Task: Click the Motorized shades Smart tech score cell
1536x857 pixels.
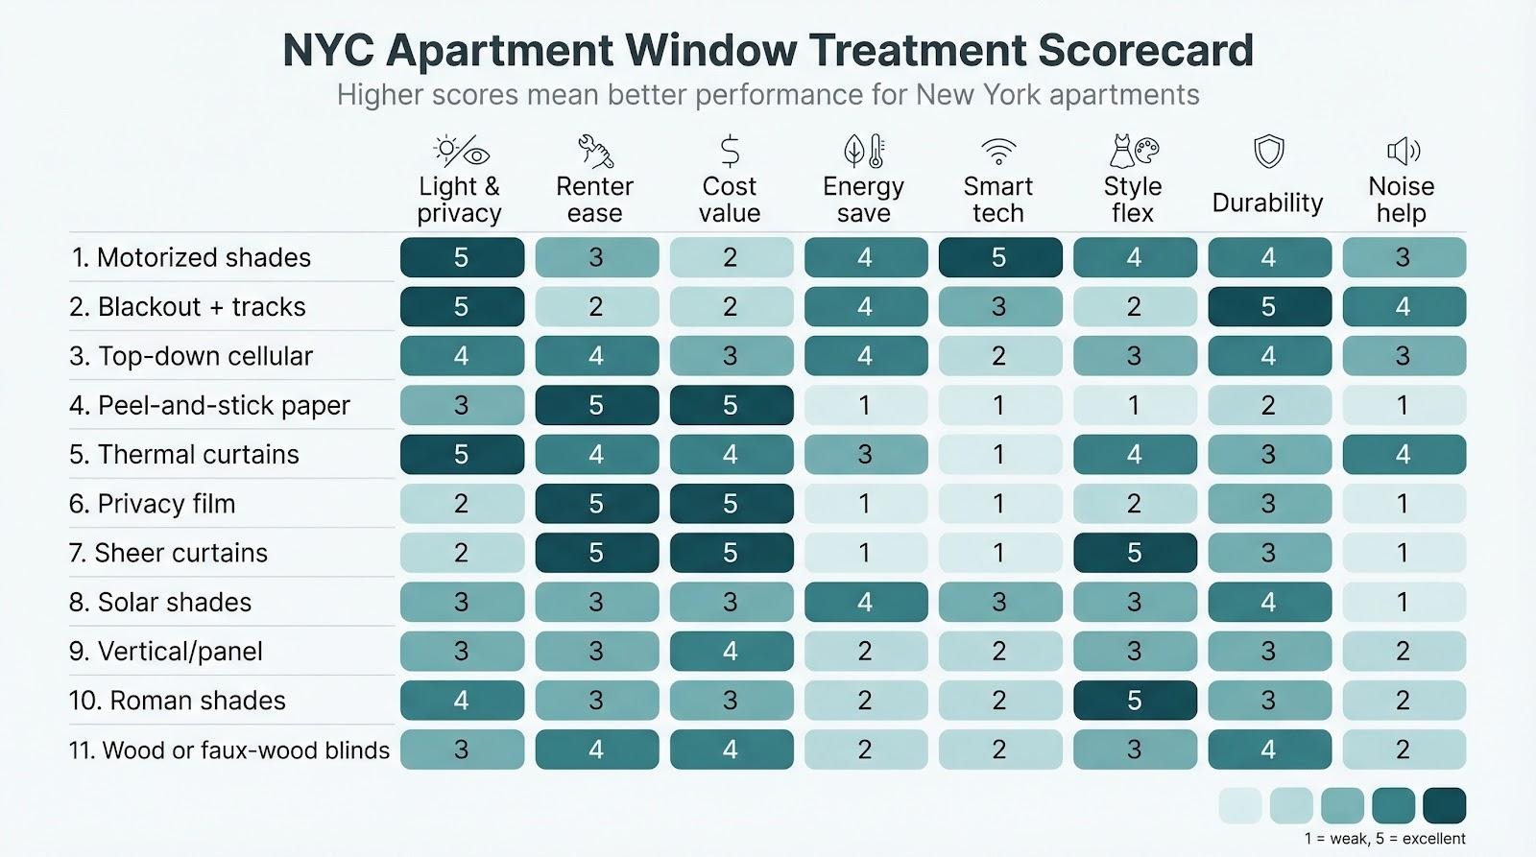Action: click(x=999, y=257)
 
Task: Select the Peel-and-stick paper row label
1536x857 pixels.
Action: click(x=209, y=405)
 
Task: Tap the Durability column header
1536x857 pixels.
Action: click(x=1267, y=202)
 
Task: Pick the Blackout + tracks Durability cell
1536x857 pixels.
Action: click(x=1268, y=306)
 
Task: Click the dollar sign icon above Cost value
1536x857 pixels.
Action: click(x=730, y=152)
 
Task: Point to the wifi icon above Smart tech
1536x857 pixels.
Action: click(x=998, y=152)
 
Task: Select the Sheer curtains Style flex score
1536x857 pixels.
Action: click(x=1134, y=553)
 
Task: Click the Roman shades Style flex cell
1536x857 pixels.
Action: click(x=1134, y=701)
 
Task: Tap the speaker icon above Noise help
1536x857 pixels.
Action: click(x=1403, y=151)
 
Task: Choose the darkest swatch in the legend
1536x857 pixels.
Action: click(x=1444, y=806)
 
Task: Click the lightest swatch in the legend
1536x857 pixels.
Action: click(x=1240, y=806)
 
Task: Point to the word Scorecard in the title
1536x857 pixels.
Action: click(x=1144, y=50)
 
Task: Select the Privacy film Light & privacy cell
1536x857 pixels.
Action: click(x=462, y=504)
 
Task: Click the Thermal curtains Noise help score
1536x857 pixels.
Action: click(x=1403, y=454)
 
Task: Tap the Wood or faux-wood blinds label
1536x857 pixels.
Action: click(x=228, y=750)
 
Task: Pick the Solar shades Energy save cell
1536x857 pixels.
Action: click(x=865, y=602)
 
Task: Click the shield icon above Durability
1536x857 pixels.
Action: click(x=1268, y=151)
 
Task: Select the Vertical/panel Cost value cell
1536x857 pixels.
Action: click(x=731, y=651)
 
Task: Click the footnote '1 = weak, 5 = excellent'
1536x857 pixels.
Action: click(x=1384, y=839)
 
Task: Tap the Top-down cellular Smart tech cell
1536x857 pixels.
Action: click(x=999, y=356)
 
